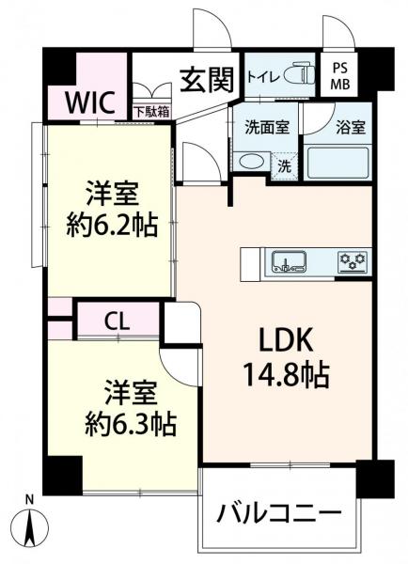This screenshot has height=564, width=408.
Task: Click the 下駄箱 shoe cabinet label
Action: click(x=150, y=111)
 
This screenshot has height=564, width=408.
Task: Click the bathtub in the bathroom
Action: click(x=339, y=164)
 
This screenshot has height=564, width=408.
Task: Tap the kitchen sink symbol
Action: click(x=288, y=260)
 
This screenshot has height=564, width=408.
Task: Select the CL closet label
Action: click(x=117, y=321)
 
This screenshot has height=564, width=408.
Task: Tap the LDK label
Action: click(x=276, y=340)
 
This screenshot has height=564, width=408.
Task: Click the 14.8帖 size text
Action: click(x=279, y=376)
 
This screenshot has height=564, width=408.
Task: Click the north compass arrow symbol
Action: click(x=30, y=526)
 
